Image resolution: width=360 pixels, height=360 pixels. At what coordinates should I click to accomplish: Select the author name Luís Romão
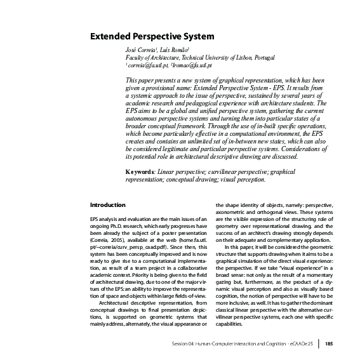point(172,50)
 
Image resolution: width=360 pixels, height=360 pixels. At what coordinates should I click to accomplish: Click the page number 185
point(329,344)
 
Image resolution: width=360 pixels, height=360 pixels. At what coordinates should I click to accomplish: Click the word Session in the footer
point(181,344)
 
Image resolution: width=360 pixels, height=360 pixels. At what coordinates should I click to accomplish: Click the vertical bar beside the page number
point(319,344)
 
